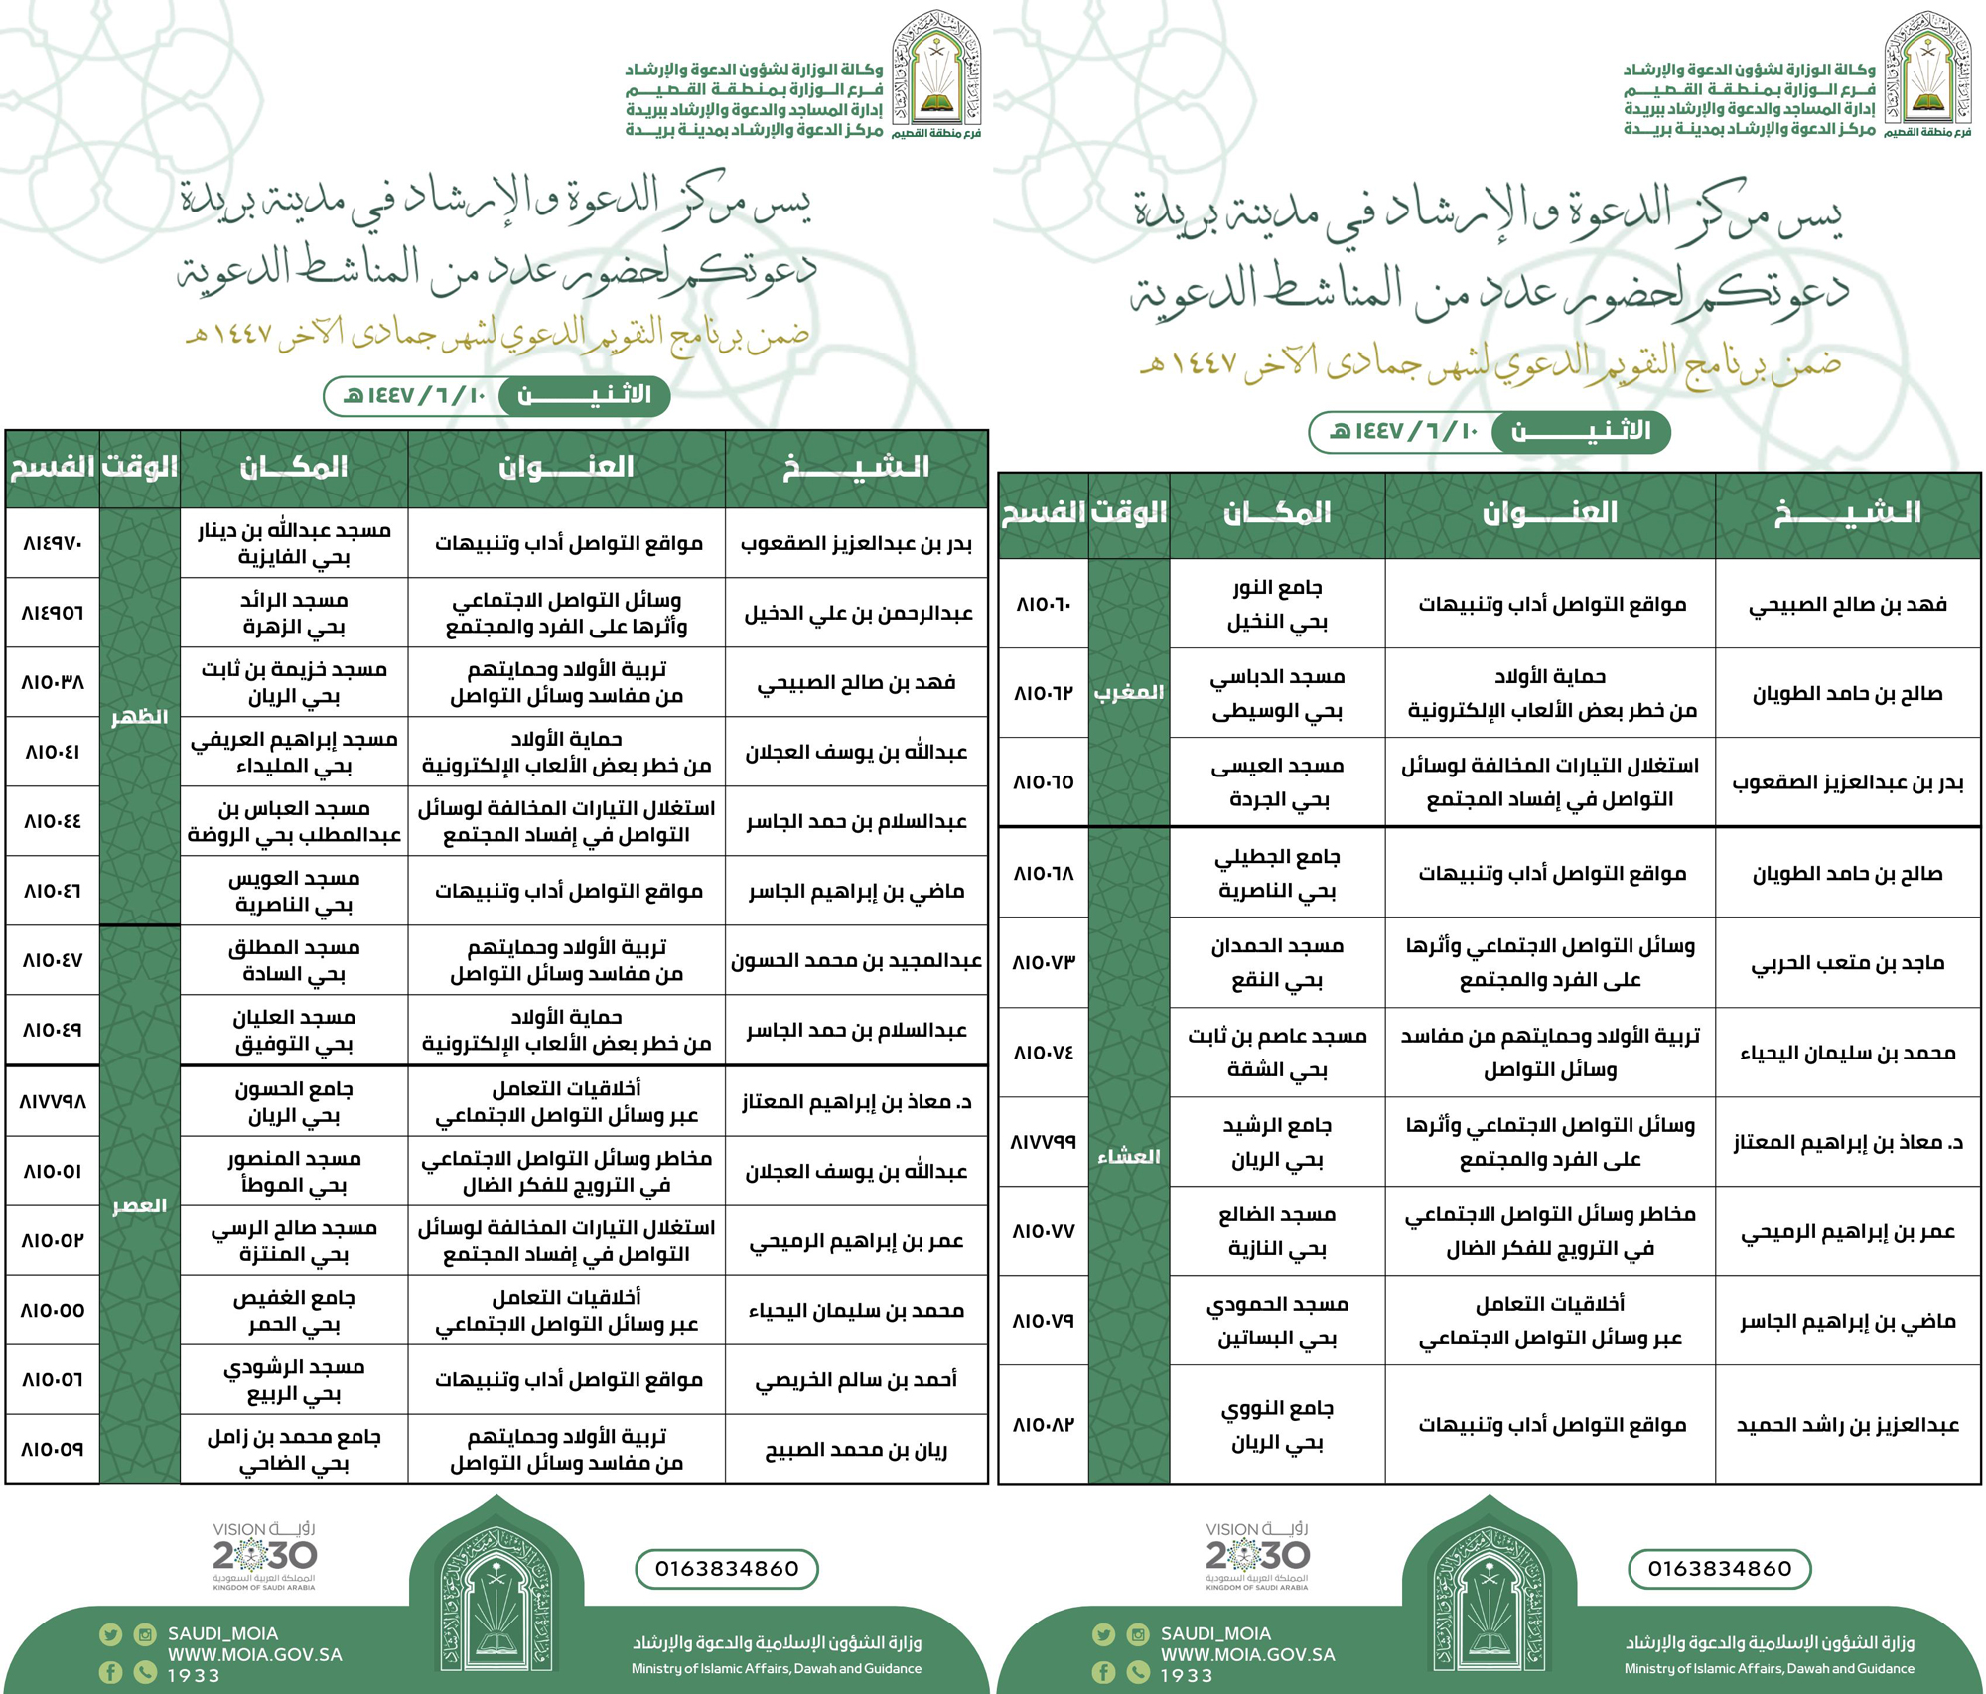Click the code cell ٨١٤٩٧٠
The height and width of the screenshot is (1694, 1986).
[53, 544]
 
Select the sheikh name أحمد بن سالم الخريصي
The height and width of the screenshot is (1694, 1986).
[856, 1380]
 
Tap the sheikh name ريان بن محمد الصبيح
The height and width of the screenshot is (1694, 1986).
[856, 1450]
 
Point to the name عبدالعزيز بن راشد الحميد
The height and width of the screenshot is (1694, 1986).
[1847, 1425]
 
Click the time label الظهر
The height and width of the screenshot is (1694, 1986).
[139, 717]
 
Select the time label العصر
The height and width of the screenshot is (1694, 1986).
[139, 1206]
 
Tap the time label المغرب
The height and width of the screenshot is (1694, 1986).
[1128, 692]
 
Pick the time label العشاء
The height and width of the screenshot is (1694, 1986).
[1128, 1157]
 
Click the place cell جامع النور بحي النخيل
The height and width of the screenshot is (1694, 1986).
[1277, 605]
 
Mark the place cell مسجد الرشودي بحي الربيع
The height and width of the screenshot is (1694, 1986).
[294, 1380]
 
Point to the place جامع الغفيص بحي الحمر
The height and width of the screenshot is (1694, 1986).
[294, 1311]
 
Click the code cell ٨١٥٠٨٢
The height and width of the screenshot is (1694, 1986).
[1043, 1425]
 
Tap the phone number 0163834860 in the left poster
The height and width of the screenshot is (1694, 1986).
[727, 1569]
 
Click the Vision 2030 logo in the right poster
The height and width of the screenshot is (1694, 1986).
[1257, 1556]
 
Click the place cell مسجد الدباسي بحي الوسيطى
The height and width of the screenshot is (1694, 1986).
[1277, 693]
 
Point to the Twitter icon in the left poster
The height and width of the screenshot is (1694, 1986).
[110, 1634]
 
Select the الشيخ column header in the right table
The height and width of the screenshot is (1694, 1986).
[1847, 513]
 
